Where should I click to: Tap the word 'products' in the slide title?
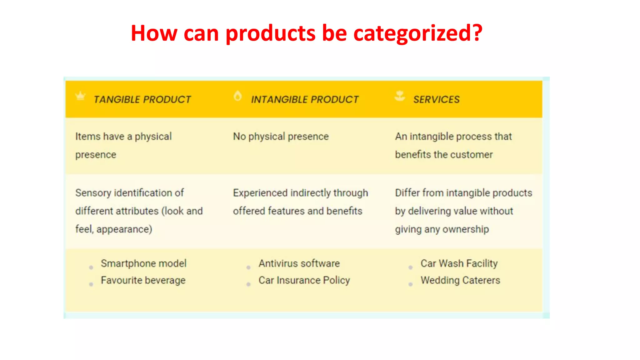click(270, 33)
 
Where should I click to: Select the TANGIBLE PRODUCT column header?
click(142, 99)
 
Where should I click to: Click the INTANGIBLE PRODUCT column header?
click(305, 99)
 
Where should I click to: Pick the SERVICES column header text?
click(436, 99)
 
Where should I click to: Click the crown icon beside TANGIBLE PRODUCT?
click(81, 96)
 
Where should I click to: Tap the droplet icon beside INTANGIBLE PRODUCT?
click(237, 96)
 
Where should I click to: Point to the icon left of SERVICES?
click(400, 96)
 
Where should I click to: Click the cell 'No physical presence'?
click(281, 137)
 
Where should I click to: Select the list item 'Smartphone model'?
click(143, 263)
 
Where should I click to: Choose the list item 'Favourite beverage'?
click(143, 280)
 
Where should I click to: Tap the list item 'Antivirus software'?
click(299, 263)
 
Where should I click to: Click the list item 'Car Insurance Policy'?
click(304, 280)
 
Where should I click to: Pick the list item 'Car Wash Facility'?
click(459, 263)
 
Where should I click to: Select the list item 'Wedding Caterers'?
click(460, 280)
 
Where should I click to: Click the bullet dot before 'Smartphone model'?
click(91, 267)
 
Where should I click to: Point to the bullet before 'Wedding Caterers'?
click(410, 284)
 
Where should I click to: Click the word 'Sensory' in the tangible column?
click(93, 193)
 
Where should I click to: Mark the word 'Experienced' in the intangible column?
click(260, 193)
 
